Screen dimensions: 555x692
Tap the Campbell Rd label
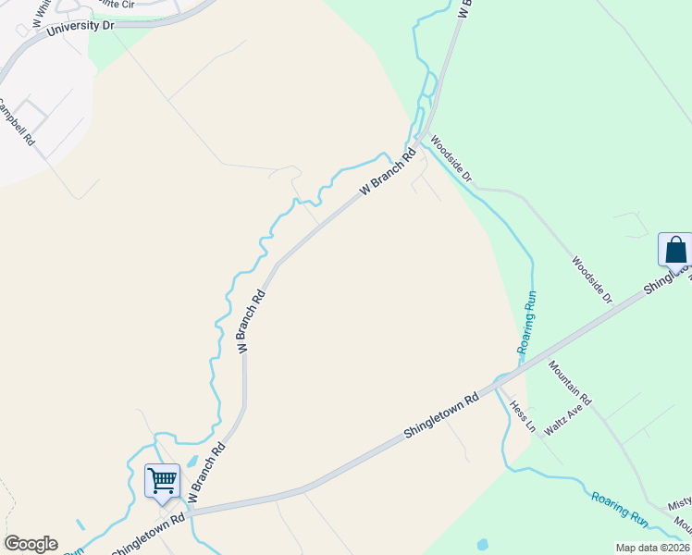[17, 124]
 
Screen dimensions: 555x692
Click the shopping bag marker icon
[675, 251]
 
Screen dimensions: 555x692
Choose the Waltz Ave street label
[567, 418]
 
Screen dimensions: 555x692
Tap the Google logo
[31, 544]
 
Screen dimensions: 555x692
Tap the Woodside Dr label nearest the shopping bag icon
[592, 280]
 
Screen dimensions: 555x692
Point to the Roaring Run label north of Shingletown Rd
[527, 325]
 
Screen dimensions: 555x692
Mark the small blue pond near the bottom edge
[481, 543]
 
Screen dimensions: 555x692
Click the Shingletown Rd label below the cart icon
[148, 536]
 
